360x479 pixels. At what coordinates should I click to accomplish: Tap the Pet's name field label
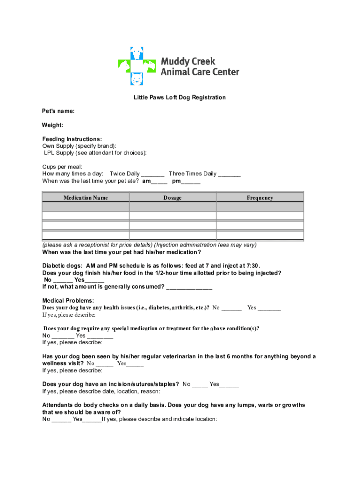[x=58, y=111]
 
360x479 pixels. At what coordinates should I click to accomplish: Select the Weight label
[x=53, y=125]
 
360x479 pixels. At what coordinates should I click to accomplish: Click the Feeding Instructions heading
[x=72, y=139]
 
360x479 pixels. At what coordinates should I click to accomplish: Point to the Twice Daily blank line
[x=152, y=174]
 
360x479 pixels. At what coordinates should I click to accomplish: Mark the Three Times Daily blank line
[x=229, y=174]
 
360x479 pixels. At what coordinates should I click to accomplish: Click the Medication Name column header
[x=86, y=198]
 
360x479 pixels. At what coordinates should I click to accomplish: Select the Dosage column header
[x=173, y=198]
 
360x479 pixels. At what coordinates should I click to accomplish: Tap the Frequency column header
[x=260, y=198]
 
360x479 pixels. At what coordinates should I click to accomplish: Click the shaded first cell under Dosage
[x=173, y=207]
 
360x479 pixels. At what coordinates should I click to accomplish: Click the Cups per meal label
[x=62, y=167]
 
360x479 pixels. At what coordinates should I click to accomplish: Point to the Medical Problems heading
[x=68, y=300]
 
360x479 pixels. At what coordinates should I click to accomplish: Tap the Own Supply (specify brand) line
[x=79, y=146]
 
